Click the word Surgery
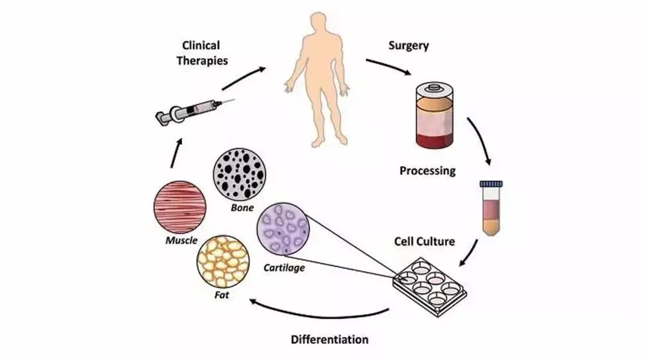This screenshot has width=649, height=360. coord(409,46)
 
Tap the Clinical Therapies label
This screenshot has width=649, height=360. coord(202,53)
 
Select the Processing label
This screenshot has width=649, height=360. coord(428,171)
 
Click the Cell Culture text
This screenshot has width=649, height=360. coord(424,242)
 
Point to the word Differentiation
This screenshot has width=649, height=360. coord(330,339)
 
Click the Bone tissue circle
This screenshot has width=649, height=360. coord(240,175)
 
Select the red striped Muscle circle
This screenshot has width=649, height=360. coord(180,207)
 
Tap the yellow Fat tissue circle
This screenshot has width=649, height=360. coord(223,262)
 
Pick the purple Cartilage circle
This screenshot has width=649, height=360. coord(283,228)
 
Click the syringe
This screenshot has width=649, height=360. coord(195,111)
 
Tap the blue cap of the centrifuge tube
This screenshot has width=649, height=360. coord(491,184)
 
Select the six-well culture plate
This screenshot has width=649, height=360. coord(430,287)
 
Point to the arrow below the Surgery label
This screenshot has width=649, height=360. coord(388,66)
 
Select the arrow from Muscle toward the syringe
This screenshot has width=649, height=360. coord(176,153)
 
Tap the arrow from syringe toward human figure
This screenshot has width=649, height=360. coord(244,78)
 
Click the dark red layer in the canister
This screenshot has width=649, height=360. coord(434,141)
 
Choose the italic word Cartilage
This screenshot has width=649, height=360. coord(284,268)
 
